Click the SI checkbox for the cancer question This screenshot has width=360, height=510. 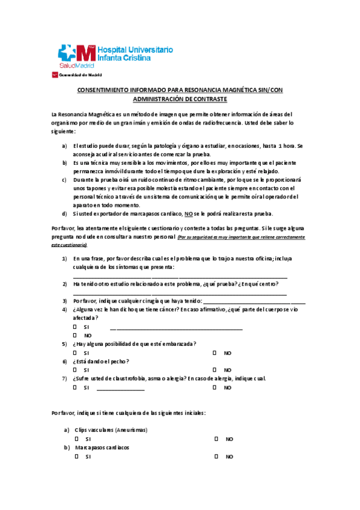(x=75, y=327)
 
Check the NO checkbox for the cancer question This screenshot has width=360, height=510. (x=75, y=335)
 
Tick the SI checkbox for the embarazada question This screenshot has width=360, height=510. (x=75, y=352)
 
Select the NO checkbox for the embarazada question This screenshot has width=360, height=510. (x=215, y=352)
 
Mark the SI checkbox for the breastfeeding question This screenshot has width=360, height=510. (x=75, y=370)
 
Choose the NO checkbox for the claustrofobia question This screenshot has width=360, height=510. (x=215, y=387)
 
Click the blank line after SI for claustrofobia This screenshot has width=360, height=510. (x=120, y=389)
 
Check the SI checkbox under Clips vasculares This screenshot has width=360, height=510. (x=76, y=439)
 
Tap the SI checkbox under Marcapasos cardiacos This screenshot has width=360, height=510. (x=76, y=456)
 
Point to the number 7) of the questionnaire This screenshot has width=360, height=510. (x=64, y=378)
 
